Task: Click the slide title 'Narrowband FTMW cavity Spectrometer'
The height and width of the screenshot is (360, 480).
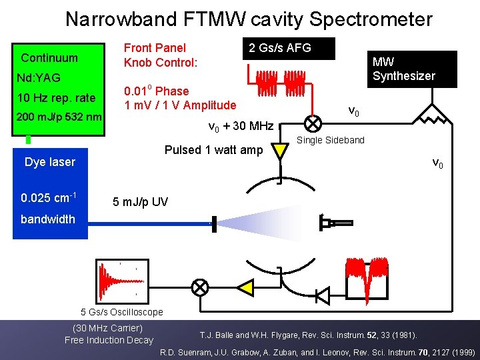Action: click(249, 19)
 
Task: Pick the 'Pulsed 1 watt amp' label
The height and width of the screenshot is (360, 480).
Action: click(213, 150)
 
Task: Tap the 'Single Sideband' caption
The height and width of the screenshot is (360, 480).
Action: click(331, 140)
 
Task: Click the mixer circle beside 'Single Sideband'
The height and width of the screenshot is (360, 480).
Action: click(311, 124)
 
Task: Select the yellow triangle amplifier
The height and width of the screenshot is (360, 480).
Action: click(245, 287)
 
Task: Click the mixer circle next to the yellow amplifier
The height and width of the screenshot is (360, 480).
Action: click(200, 287)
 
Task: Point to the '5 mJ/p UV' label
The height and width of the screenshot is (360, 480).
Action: click(140, 202)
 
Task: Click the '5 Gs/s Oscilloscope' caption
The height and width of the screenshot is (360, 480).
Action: click(121, 312)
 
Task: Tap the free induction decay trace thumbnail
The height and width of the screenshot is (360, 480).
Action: click(121, 279)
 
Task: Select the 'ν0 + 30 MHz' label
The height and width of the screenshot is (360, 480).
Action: click(241, 126)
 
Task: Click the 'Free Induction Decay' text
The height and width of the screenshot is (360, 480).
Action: click(109, 340)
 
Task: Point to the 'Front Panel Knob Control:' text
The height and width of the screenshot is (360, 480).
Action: click(161, 55)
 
